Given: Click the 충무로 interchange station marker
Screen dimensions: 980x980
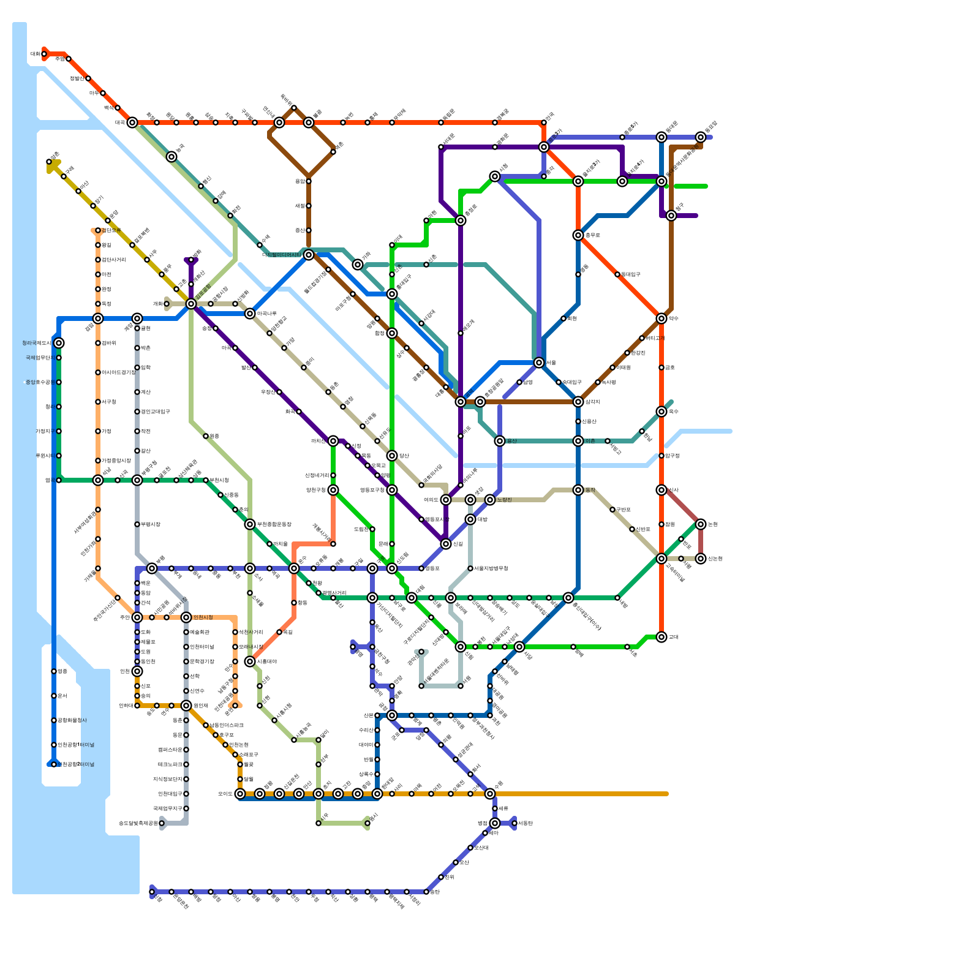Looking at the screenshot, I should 578,235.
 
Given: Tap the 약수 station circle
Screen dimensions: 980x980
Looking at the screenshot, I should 661,318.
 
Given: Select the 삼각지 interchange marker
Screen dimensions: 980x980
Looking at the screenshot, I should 578,402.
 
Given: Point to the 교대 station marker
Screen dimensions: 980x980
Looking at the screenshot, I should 661,637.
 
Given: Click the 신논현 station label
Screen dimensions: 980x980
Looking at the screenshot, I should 715,559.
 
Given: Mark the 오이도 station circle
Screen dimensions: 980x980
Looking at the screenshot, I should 240,794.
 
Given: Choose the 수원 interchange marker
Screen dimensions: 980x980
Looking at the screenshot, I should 490,794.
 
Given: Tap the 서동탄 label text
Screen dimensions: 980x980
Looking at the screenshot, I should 525,823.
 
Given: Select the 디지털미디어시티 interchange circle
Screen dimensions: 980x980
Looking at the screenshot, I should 309,255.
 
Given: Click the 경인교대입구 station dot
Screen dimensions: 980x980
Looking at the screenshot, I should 137,412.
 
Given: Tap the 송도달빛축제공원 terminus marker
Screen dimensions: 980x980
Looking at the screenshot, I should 162,823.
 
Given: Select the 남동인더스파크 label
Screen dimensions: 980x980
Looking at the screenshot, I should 226,725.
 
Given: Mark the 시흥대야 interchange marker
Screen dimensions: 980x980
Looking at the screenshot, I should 250,661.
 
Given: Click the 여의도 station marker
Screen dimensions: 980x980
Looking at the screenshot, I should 446,500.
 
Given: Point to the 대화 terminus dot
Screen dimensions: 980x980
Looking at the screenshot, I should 44,54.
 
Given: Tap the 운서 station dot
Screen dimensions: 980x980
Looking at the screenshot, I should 54,696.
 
